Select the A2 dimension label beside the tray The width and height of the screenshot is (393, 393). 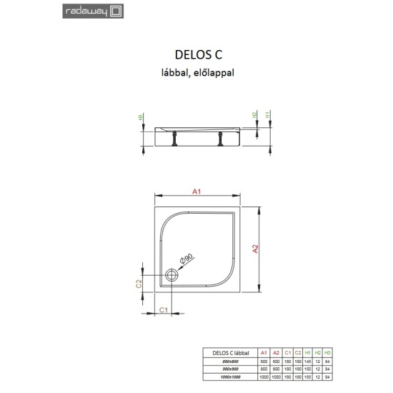[x=255, y=249]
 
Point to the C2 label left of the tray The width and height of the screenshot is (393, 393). [x=140, y=285]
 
